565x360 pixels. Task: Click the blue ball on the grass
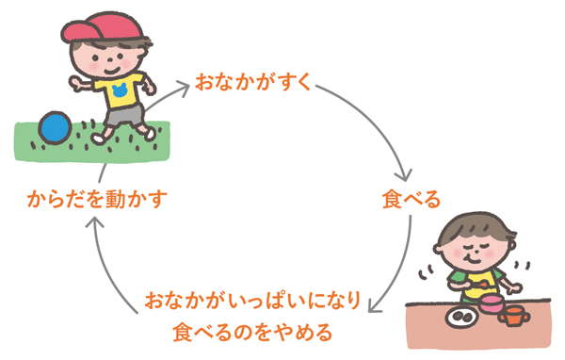coord(55,127)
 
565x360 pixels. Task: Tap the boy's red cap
coord(103,27)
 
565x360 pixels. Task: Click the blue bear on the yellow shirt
coord(120,90)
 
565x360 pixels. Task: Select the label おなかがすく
coord(253,82)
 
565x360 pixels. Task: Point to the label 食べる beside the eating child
coord(412,199)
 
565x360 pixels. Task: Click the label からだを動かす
coord(97,199)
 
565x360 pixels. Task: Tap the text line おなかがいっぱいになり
coord(253,301)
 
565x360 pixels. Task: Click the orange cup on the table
coord(514,316)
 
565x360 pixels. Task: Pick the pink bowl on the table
coord(492,303)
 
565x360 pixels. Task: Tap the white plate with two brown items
coord(462,317)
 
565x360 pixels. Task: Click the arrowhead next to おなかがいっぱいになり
coord(375,307)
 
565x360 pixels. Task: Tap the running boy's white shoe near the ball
coord(97,139)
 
